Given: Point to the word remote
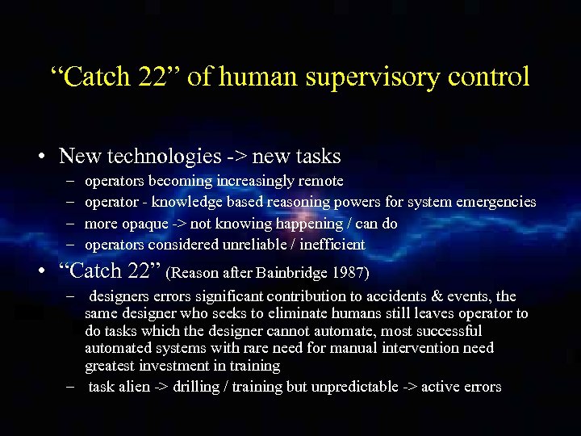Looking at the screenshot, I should click(x=322, y=181).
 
